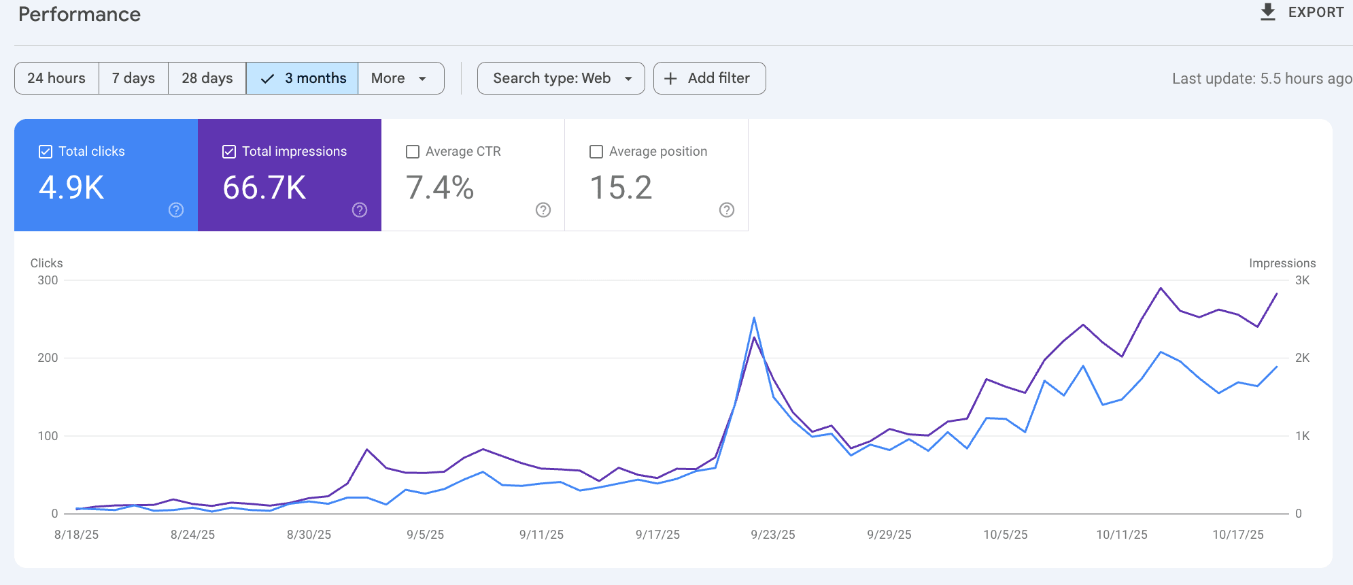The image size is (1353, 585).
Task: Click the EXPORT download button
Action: (1301, 12)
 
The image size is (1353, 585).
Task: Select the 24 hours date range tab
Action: (56, 78)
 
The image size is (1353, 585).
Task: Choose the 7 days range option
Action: (133, 78)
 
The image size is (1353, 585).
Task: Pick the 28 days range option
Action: (207, 78)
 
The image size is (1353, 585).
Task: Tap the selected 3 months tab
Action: (303, 78)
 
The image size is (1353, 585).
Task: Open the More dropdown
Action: (400, 78)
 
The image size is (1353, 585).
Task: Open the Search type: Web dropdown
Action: (561, 78)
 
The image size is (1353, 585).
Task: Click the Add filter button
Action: (709, 78)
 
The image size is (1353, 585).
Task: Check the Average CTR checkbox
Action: (413, 152)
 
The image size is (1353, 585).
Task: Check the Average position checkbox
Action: (596, 152)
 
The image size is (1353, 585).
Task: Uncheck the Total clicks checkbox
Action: (46, 152)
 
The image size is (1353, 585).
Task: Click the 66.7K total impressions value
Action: (264, 188)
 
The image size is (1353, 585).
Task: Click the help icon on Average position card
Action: (727, 210)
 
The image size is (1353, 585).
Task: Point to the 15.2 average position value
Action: (621, 188)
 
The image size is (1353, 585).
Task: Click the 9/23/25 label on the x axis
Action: (773, 535)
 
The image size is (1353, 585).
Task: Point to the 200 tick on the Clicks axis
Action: (48, 358)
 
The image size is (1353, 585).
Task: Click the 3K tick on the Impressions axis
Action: (1302, 280)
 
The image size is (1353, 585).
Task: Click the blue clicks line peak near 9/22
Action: (754, 318)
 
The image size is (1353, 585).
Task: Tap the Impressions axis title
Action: (1282, 263)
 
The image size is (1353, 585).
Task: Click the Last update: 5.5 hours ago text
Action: (1261, 79)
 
